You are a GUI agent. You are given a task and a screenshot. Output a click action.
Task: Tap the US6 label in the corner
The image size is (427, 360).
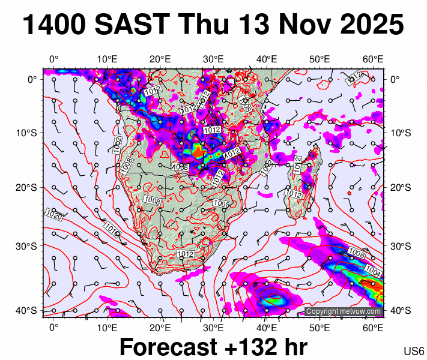pos(414,351)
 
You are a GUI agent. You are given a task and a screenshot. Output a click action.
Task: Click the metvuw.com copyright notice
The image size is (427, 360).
pos(343,311)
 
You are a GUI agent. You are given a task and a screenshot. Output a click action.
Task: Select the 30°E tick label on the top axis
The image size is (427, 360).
pos(214,59)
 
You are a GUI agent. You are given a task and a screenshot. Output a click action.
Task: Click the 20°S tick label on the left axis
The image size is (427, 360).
pos(29,188)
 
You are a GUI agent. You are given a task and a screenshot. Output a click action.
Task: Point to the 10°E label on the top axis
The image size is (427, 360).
pos(107,59)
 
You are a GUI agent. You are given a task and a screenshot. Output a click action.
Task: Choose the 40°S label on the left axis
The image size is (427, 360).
pos(29,310)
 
